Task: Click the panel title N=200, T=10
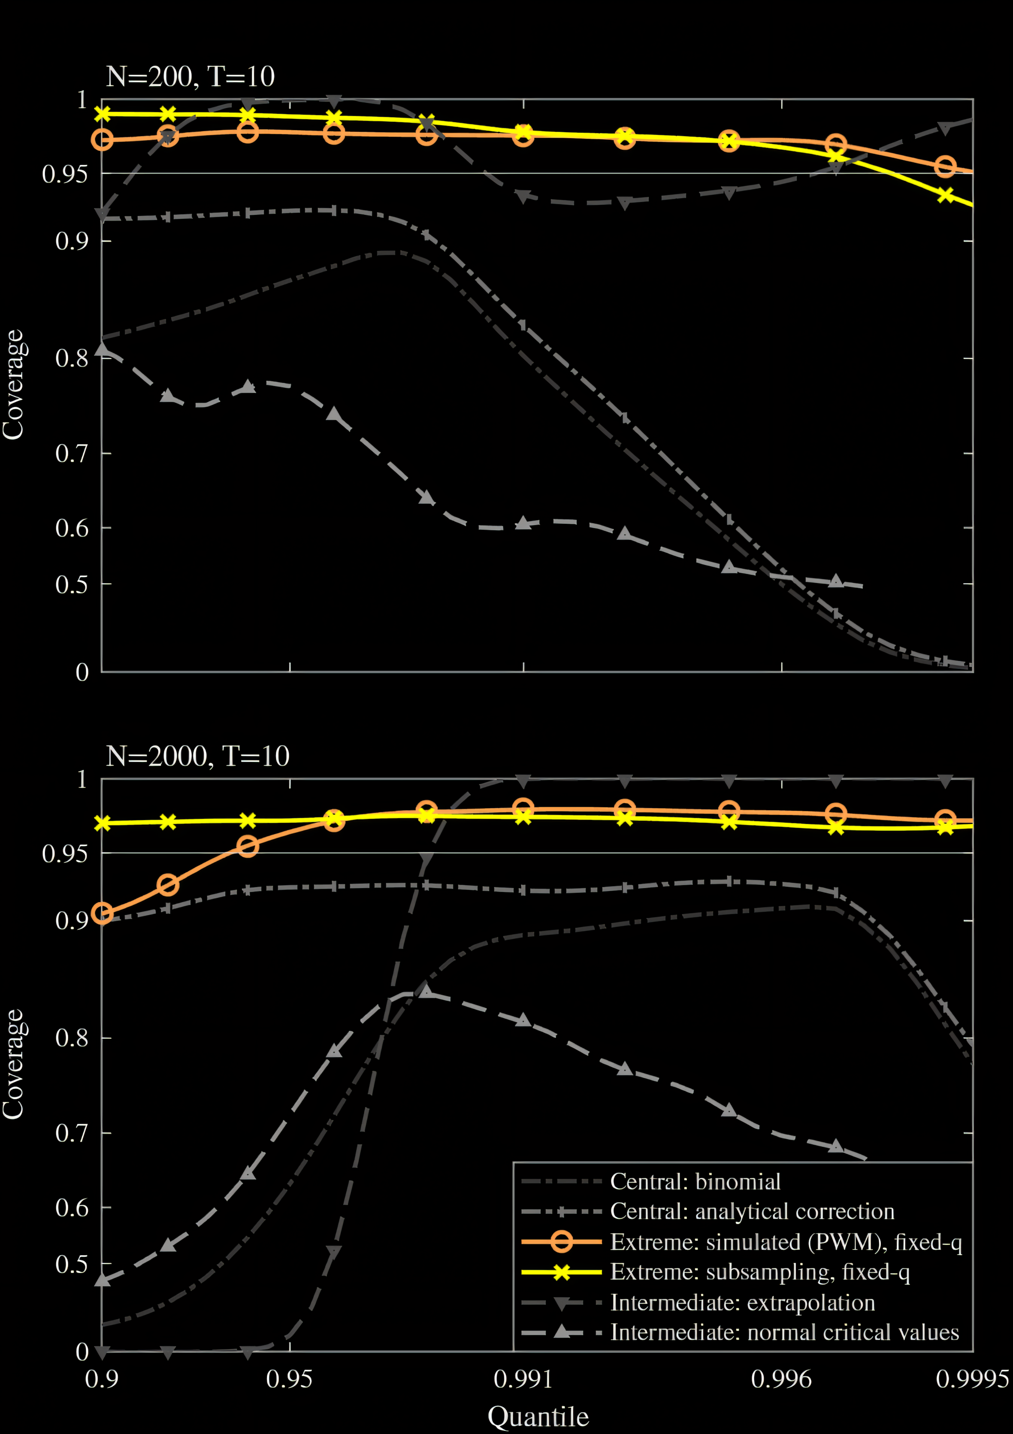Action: [x=191, y=77]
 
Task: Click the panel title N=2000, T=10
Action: [x=197, y=756]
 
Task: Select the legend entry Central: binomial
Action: [x=695, y=1182]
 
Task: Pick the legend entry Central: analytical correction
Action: [x=752, y=1212]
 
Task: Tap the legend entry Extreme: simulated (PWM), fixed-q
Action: [x=786, y=1242]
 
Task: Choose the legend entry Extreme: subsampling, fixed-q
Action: [x=759, y=1272]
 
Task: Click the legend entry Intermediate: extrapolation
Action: [x=743, y=1303]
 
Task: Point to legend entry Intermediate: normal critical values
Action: [x=784, y=1332]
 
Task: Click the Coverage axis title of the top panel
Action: [x=12, y=385]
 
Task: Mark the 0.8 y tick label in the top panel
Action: [x=71, y=359]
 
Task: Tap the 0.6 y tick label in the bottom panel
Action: [x=71, y=1207]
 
